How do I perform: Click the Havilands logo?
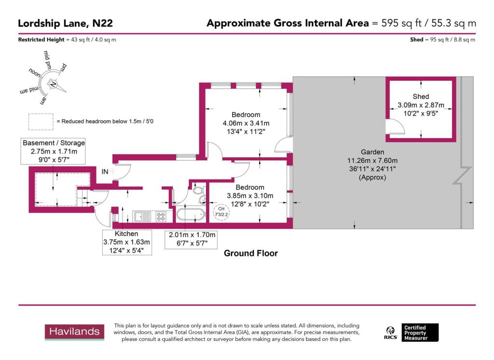(75, 332)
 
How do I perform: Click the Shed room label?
(420, 97)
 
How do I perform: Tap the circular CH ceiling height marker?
(221, 212)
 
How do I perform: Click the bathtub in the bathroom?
(189, 215)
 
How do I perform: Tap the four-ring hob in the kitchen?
(161, 217)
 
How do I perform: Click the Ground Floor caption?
(250, 253)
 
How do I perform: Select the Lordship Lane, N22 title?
(66, 23)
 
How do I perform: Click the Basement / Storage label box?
(54, 152)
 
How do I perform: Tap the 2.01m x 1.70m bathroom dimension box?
(192, 239)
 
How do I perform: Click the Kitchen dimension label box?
(126, 242)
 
